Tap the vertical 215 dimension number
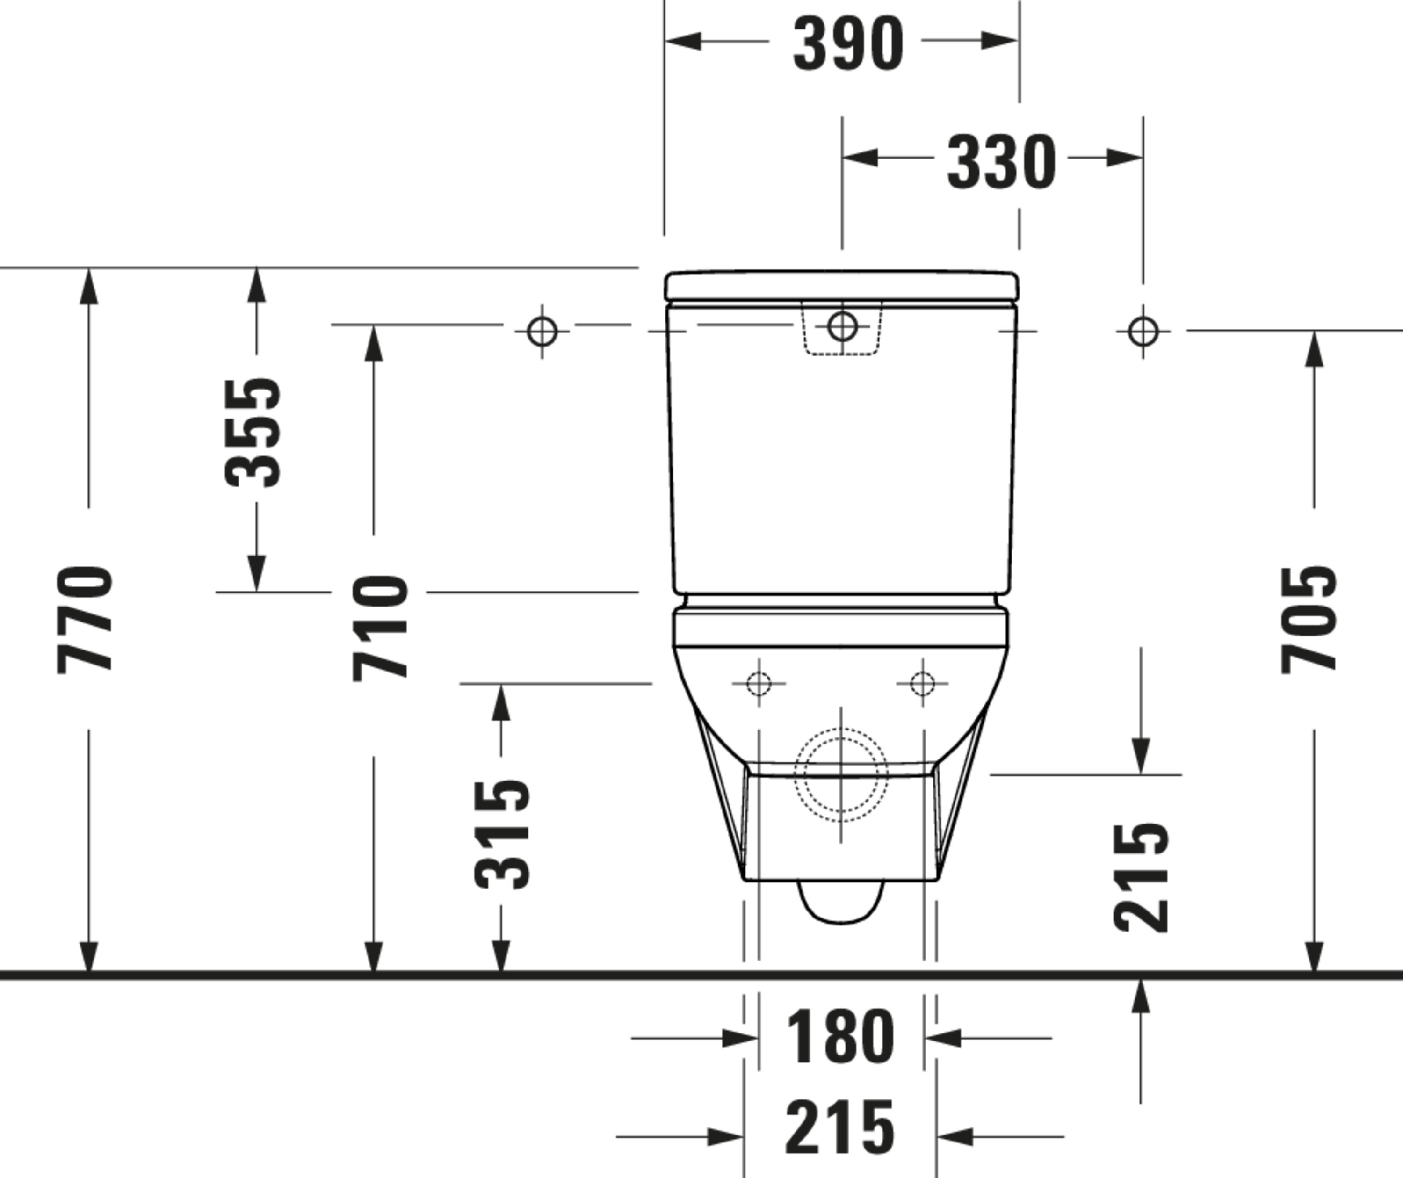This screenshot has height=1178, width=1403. click(x=1141, y=878)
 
